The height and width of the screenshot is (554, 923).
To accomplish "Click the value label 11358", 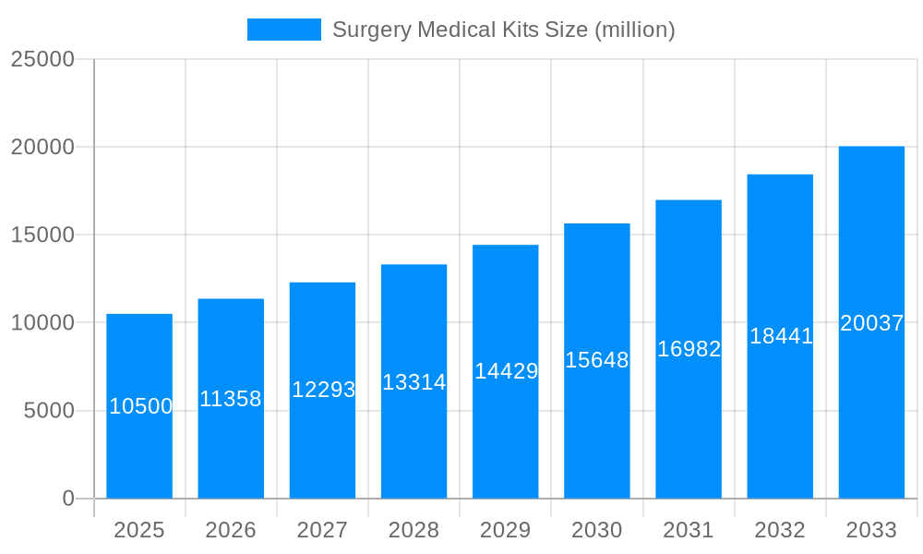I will [x=231, y=399].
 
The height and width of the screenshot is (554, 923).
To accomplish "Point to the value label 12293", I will [x=323, y=390].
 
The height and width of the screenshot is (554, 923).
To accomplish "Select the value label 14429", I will [x=506, y=371].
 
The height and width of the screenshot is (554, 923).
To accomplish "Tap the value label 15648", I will [x=597, y=360].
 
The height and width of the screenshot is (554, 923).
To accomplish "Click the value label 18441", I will [x=781, y=336].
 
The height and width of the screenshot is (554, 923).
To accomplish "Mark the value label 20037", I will [x=871, y=323].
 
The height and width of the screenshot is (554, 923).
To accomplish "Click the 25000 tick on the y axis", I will [x=42, y=59].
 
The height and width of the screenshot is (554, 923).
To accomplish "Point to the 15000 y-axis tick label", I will [x=42, y=235].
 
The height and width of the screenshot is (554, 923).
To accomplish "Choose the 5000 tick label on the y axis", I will [x=49, y=411].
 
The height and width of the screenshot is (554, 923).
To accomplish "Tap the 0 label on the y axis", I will [x=68, y=499].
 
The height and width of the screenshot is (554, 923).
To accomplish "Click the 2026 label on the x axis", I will [x=231, y=530].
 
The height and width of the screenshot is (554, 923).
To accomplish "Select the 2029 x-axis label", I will [x=506, y=530].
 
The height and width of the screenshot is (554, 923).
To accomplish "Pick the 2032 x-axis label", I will [x=780, y=530].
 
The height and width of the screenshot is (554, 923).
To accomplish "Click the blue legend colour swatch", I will [x=284, y=30].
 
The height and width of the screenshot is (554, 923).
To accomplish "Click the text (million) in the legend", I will [x=634, y=30].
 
